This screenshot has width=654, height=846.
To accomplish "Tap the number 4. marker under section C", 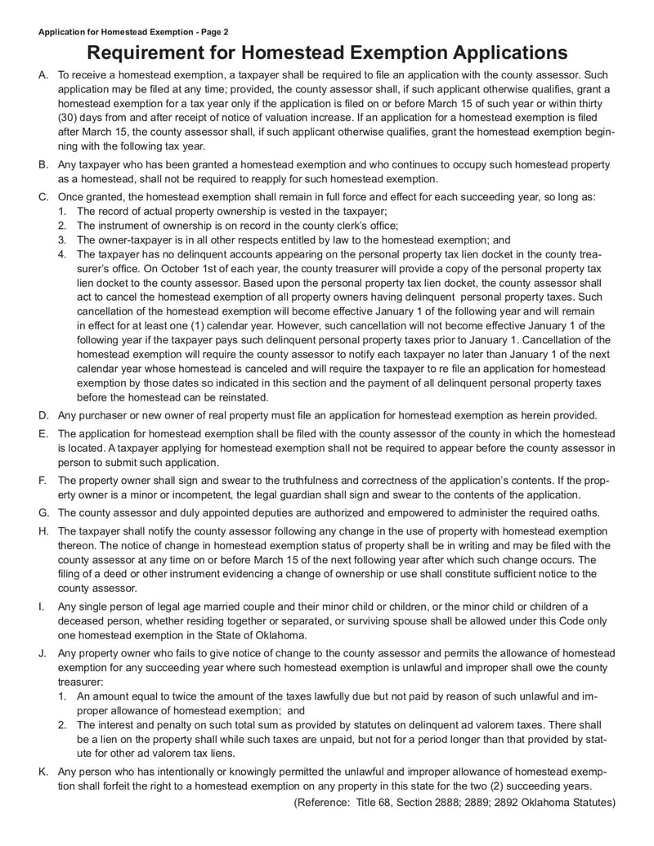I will pyautogui.click(x=62, y=254).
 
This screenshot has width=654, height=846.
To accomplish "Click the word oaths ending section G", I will pyautogui.click(x=583, y=513).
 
